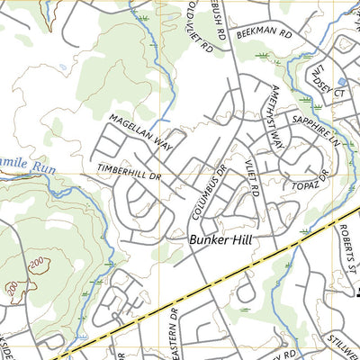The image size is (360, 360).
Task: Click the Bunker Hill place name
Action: pyautogui.click(x=225, y=240)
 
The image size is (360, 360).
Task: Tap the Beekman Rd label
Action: pyautogui.click(x=265, y=32)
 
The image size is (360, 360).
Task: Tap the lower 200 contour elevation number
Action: pyautogui.click(x=11, y=290)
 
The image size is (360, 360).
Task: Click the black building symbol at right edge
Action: pyautogui.click(x=356, y=290)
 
